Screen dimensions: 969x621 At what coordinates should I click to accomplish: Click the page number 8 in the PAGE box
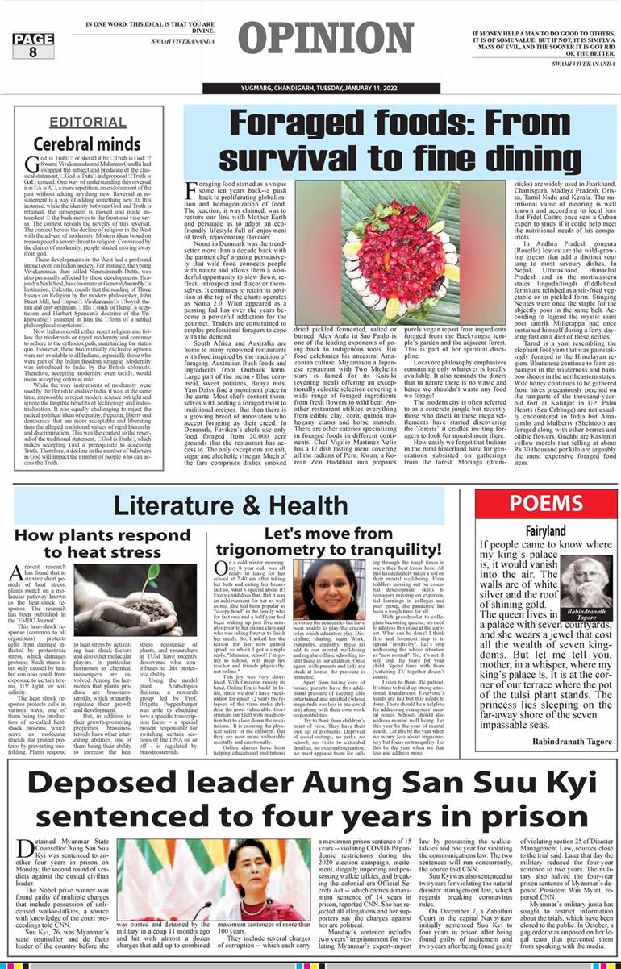click(x=32, y=52)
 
